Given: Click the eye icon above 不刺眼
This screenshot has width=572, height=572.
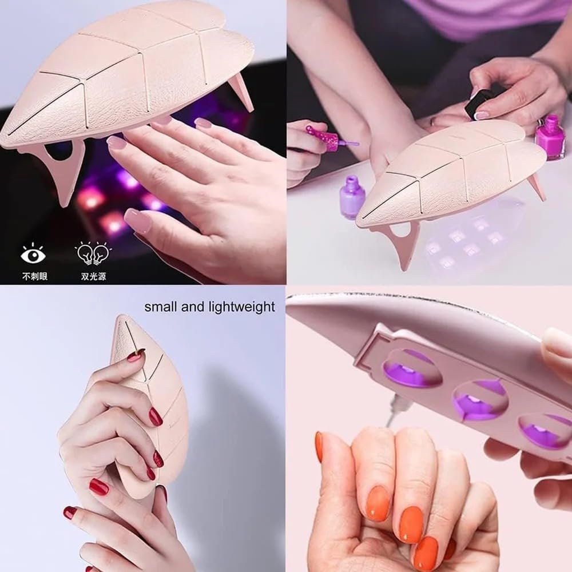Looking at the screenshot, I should tap(33, 253).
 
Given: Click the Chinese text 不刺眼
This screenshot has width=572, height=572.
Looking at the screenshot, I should tap(35, 276).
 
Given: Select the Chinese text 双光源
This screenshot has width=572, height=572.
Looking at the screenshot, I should tap(92, 276).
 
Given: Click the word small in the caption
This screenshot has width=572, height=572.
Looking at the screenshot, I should tap(161, 307).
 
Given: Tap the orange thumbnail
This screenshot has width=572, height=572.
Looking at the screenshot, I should tap(319, 447).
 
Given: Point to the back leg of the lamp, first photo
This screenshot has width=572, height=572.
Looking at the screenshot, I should tap(241, 92).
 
